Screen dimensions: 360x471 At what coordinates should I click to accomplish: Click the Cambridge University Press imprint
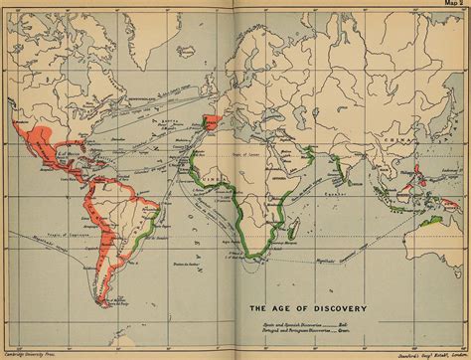(x=30, y=352)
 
